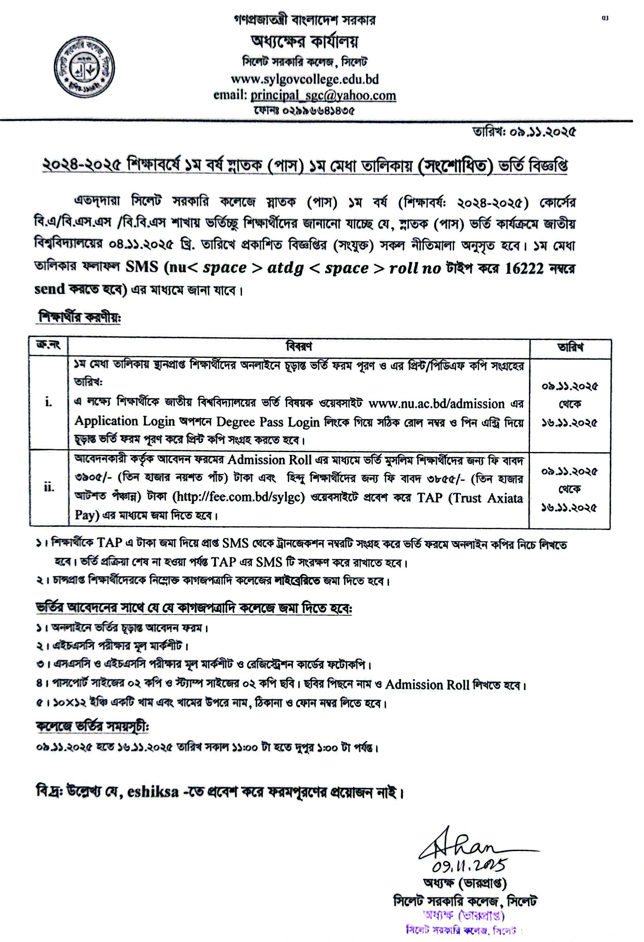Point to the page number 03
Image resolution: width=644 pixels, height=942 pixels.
605,18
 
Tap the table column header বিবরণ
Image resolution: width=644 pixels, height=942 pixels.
299,347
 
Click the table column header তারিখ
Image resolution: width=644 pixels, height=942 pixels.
570,347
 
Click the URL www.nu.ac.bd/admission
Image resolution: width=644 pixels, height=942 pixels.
436,404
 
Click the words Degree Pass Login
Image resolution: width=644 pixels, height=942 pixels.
268,422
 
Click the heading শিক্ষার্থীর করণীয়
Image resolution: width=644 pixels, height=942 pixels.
79,317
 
